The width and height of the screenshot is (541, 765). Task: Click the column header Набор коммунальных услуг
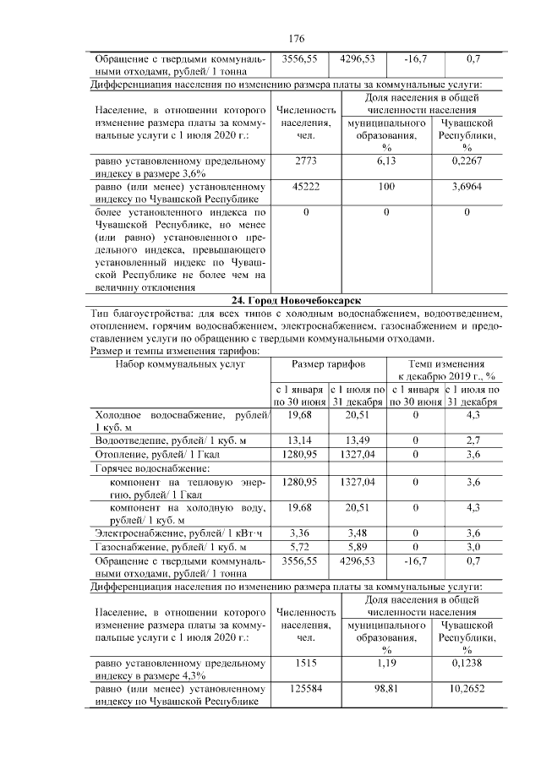click(x=179, y=363)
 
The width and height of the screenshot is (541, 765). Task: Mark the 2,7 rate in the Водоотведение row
click(x=473, y=440)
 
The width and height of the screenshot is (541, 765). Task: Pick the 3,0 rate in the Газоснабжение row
click(x=473, y=547)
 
